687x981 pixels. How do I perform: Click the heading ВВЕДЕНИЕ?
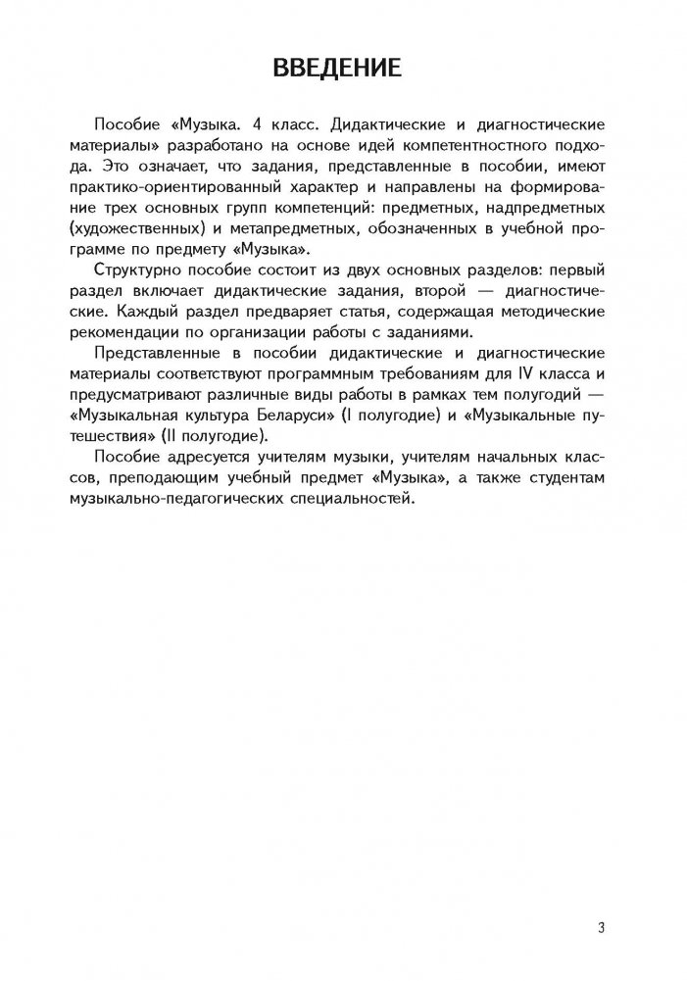click(343, 68)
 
